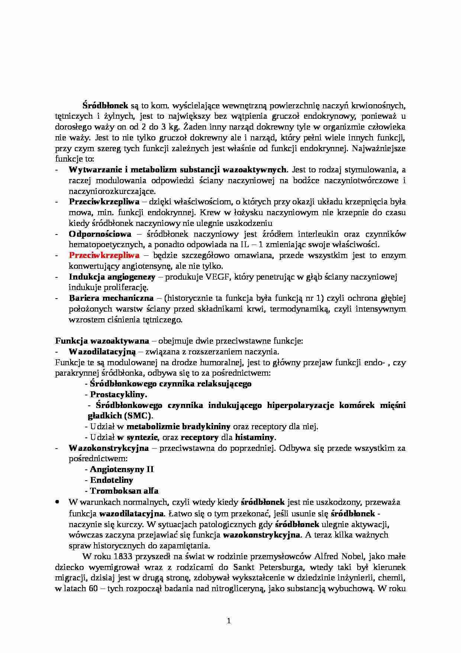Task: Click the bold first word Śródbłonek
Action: click(105, 105)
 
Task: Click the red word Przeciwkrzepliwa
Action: click(104, 255)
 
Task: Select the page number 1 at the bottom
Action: click(229, 621)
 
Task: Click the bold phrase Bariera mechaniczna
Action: click(111, 298)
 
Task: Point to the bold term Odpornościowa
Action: click(100, 234)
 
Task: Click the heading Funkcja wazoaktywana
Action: click(102, 341)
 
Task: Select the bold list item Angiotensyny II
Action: click(122, 469)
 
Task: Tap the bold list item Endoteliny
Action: click(112, 480)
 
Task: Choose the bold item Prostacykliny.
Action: click(119, 394)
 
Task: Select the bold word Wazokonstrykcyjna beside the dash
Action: click(109, 448)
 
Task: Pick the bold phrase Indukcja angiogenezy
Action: click(112, 277)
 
